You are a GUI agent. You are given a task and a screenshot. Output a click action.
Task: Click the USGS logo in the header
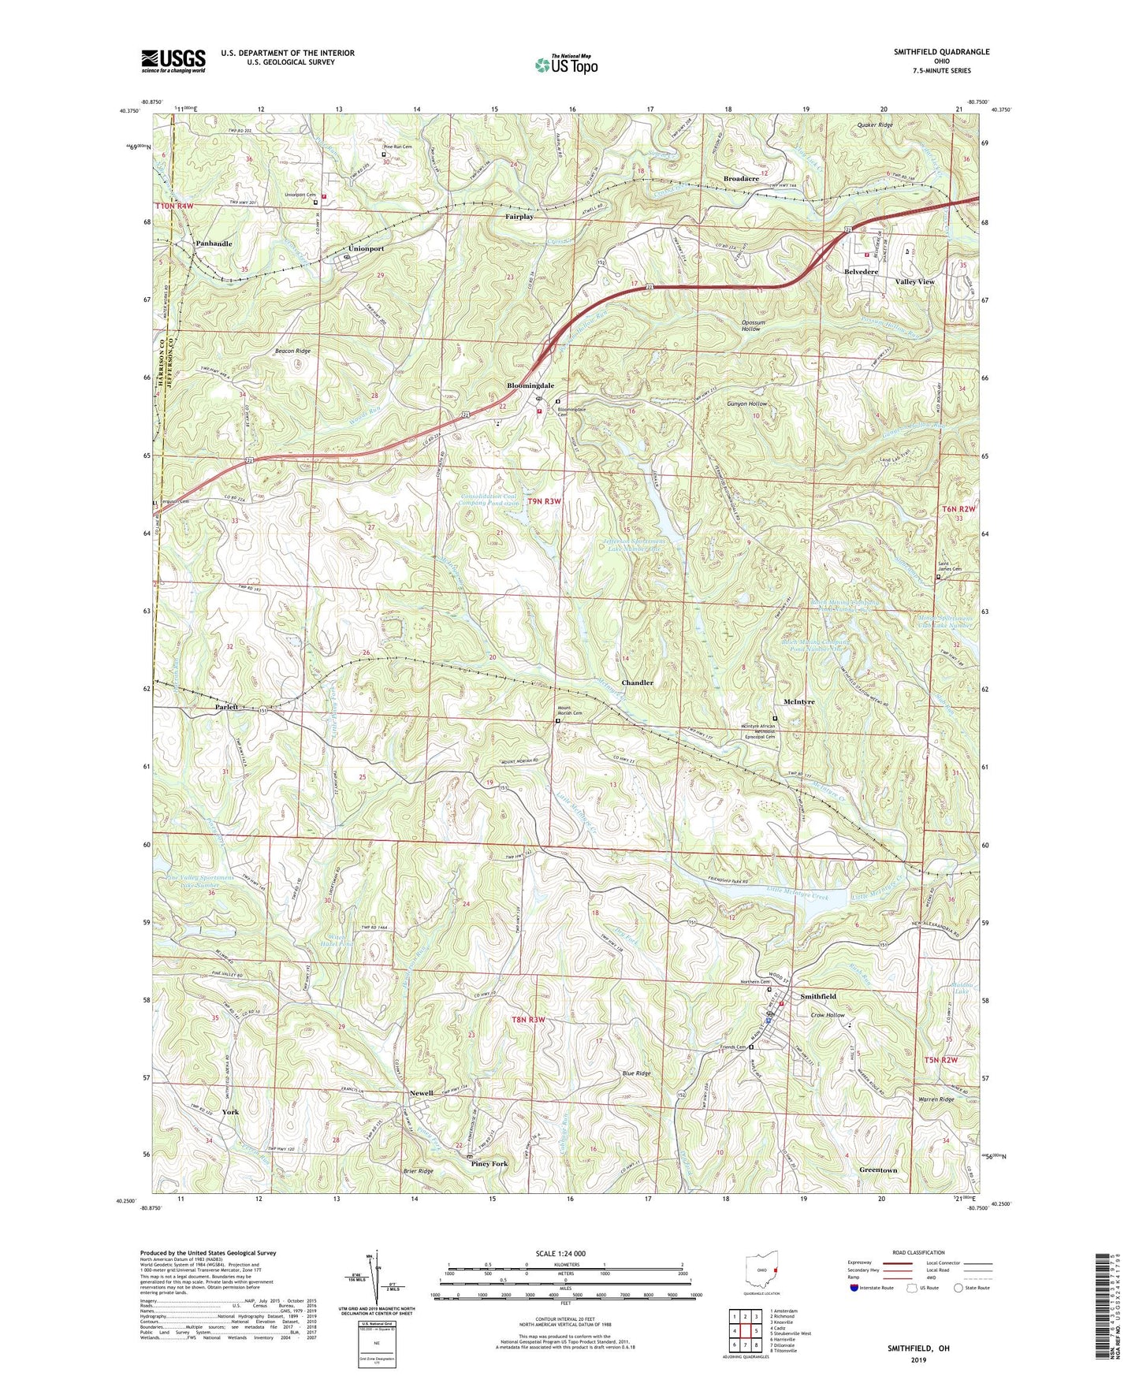pyautogui.click(x=173, y=61)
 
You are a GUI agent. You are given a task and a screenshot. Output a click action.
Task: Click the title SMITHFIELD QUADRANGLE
pyautogui.click(x=941, y=52)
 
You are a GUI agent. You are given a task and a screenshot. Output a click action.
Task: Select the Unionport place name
pyautogui.click(x=363, y=248)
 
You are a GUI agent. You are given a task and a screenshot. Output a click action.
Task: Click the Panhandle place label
pyautogui.click(x=213, y=244)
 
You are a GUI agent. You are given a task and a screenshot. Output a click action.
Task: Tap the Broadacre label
pyautogui.click(x=741, y=179)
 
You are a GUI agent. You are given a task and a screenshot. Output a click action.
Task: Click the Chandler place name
pyautogui.click(x=637, y=682)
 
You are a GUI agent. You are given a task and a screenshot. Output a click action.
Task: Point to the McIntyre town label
pyautogui.click(x=799, y=701)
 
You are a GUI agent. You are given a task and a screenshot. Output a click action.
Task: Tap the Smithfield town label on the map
pyautogui.click(x=818, y=996)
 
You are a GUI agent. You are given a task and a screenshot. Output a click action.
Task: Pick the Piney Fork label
pyautogui.click(x=489, y=1163)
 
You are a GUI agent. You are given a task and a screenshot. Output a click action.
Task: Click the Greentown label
pyautogui.click(x=878, y=1170)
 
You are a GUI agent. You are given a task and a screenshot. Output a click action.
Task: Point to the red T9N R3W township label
pyautogui.click(x=545, y=501)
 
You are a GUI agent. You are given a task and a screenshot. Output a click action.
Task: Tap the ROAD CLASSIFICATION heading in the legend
pyautogui.click(x=920, y=1252)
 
